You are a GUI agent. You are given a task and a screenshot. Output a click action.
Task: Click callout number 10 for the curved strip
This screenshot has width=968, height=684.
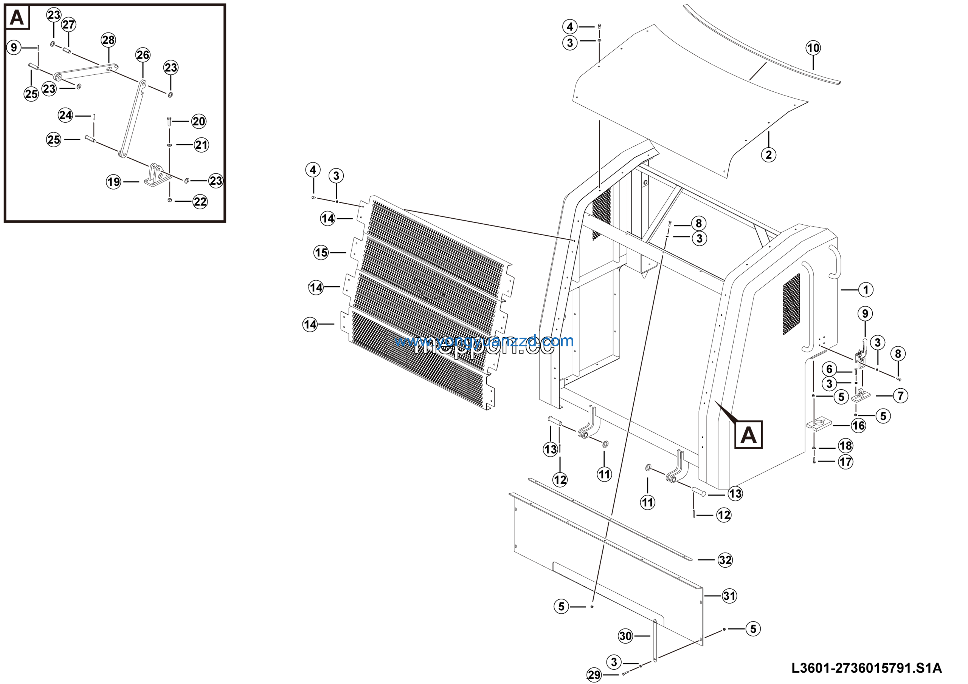tap(813, 48)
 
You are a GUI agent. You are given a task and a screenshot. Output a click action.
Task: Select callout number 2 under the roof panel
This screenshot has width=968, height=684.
tap(769, 154)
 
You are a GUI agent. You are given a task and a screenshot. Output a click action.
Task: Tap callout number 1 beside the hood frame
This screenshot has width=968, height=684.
tap(866, 290)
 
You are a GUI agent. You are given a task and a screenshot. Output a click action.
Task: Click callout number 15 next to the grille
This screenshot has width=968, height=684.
tap(321, 253)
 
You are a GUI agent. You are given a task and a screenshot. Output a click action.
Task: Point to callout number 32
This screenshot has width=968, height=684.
tap(725, 560)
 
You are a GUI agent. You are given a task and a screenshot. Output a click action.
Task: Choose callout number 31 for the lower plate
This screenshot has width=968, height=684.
tap(729, 596)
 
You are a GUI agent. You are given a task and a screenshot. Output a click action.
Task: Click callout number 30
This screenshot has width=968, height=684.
tap(625, 636)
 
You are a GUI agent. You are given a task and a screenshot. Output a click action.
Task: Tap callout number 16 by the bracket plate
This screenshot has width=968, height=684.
tap(858, 425)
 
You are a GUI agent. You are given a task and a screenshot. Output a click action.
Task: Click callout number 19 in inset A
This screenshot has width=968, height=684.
tap(113, 182)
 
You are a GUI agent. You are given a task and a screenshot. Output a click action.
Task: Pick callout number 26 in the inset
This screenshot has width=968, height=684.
tap(143, 55)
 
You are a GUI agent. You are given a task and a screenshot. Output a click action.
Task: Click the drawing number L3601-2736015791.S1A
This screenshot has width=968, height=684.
tap(866, 668)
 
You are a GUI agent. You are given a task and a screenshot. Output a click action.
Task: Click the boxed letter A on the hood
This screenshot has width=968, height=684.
tap(748, 435)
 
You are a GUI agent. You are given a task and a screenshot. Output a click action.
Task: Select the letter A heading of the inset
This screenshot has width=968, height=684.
tap(17, 18)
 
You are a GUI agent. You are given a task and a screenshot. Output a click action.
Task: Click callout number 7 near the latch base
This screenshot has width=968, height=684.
tap(901, 396)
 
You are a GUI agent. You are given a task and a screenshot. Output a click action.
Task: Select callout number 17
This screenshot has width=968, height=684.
tap(846, 462)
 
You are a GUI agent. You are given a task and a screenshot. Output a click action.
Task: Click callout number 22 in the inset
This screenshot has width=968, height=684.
tap(200, 202)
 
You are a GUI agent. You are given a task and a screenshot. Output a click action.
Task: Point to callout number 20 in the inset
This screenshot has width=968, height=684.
tap(199, 122)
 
